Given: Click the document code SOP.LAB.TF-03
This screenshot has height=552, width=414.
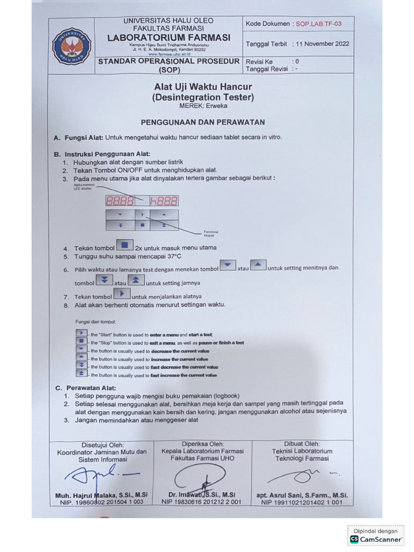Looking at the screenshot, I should point(318,24).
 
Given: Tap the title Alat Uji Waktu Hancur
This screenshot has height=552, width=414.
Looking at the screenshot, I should point(203,87).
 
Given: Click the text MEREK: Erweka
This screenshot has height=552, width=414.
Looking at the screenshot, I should point(203,107).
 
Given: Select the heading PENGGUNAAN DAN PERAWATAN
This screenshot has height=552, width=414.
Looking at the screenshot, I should point(203,122).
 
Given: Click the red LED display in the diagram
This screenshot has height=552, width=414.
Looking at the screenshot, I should point(142,201).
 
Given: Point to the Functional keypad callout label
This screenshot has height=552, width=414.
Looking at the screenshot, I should point(211,233).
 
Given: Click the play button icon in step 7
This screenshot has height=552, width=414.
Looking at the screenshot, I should point(122,294).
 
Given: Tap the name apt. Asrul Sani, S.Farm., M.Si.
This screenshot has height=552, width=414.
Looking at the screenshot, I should point(302,495).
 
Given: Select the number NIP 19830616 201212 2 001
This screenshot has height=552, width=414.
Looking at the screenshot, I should point(201,502).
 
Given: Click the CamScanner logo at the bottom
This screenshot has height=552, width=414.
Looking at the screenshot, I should point(376,539).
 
